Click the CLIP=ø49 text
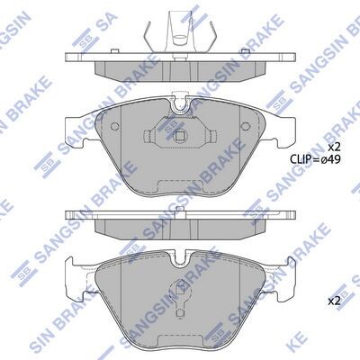click(x=315, y=159)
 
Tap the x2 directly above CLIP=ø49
click(x=334, y=147)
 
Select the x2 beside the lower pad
click(x=334, y=301)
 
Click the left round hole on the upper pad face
click(x=114, y=126)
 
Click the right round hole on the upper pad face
click(x=246, y=126)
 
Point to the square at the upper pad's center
click(x=180, y=137)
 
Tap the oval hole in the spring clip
click(x=180, y=38)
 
